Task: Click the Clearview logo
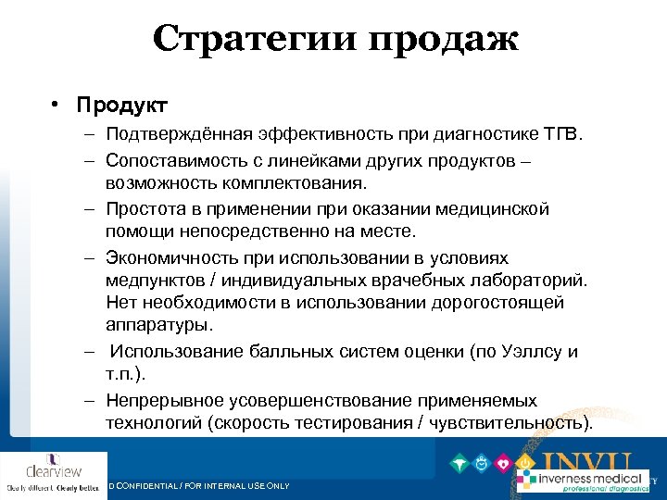(x=54, y=473)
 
